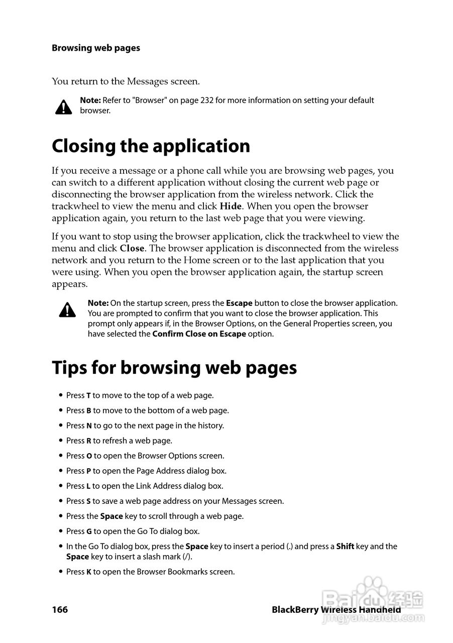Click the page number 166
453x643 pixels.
[60, 610]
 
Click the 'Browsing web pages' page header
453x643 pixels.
[96, 48]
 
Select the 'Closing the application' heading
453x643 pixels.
[151, 146]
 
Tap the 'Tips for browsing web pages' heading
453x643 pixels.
[174, 368]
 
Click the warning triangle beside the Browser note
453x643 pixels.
[63, 106]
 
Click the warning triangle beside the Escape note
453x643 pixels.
[67, 310]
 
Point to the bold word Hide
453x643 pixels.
[231, 206]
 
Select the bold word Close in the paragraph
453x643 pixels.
[132, 249]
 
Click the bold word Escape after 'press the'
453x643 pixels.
[239, 303]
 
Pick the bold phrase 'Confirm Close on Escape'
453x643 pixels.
[199, 334]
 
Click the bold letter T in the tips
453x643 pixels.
[88, 396]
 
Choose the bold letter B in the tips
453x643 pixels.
[89, 411]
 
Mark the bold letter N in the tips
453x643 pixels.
[89, 426]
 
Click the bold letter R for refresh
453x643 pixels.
[89, 441]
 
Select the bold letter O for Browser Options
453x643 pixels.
[89, 456]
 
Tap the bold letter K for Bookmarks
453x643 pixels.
[89, 572]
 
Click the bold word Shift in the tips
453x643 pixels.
[345, 547]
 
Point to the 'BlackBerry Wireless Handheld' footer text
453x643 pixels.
[336, 610]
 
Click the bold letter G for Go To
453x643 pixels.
[89, 531]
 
